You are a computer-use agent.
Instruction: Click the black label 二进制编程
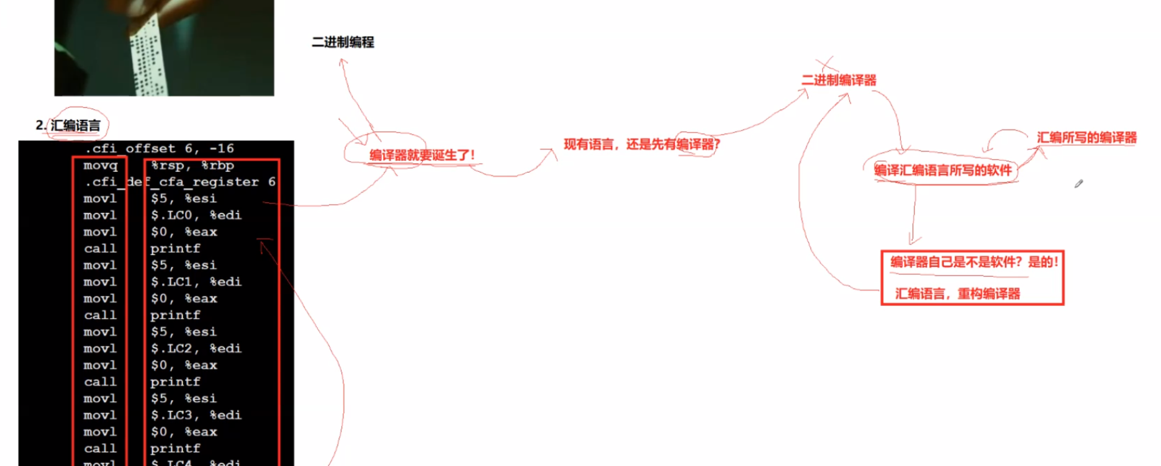tap(343, 42)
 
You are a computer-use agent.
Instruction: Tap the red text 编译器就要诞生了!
tap(422, 155)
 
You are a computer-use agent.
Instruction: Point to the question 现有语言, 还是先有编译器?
tap(641, 145)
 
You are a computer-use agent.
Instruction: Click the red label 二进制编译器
tap(839, 80)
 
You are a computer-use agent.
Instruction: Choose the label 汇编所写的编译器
tap(1086, 138)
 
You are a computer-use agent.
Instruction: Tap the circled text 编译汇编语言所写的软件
tap(942, 171)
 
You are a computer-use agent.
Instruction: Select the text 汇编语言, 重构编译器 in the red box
tap(957, 293)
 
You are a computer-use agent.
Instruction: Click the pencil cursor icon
tap(1078, 184)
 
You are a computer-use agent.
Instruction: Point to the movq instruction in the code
tap(101, 166)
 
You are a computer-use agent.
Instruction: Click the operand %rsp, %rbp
tap(192, 166)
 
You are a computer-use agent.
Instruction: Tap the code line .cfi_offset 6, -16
tap(160, 149)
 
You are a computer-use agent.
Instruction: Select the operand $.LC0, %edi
tap(196, 215)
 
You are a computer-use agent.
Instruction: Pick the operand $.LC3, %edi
tap(196, 415)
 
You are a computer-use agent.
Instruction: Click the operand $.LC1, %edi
tap(196, 282)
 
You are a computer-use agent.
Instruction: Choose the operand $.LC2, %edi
tap(196, 349)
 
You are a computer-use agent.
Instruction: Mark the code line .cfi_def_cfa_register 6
tap(180, 182)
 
